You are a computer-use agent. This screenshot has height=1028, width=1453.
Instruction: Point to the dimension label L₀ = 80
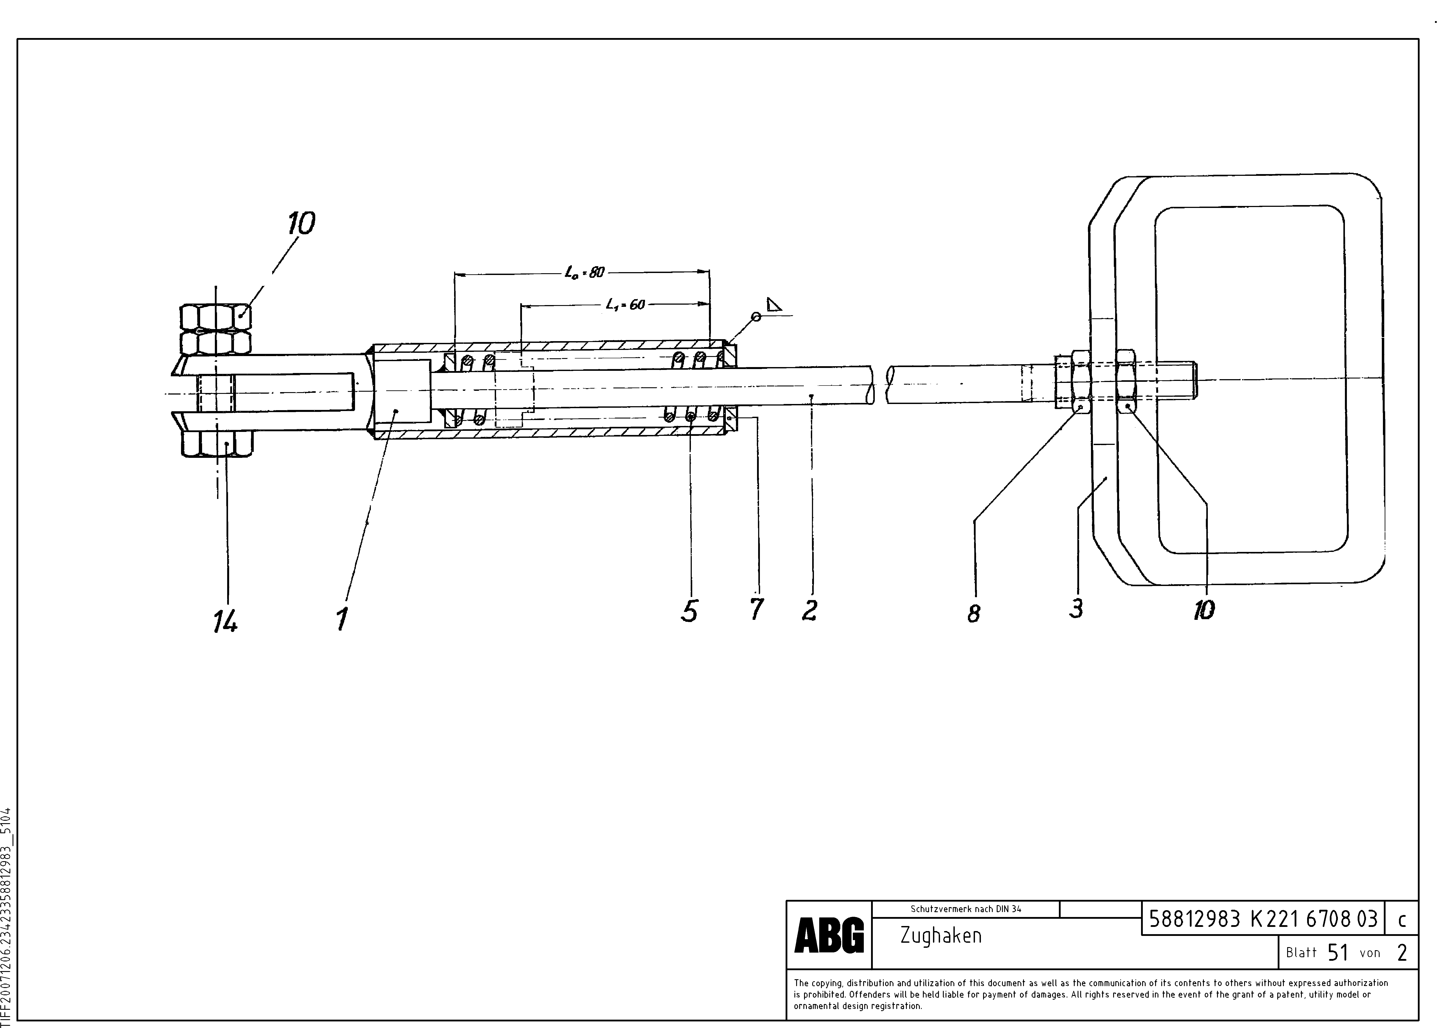pyautogui.click(x=585, y=273)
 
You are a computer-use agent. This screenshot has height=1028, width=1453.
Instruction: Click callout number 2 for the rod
pyautogui.click(x=809, y=610)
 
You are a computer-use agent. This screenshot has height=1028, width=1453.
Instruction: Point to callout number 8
pyautogui.click(x=974, y=613)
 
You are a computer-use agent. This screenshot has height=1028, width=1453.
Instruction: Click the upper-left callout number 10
pyautogui.click(x=301, y=224)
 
